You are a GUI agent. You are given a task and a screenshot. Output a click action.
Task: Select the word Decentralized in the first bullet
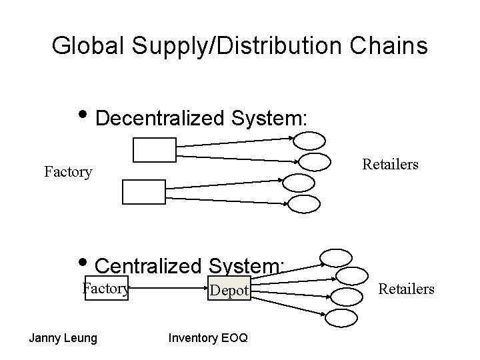coord(162,118)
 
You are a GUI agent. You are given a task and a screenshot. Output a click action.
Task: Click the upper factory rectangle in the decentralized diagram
coord(155,150)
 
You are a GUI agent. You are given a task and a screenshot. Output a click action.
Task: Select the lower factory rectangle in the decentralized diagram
coord(143,192)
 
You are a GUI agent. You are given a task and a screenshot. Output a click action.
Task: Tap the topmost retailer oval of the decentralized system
coord(309,140)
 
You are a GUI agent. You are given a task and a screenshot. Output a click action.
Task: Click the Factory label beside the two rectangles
coord(68,172)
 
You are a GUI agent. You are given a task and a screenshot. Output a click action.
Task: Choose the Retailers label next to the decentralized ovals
coord(390,164)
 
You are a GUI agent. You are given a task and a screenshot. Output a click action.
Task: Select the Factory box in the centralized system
coord(105,289)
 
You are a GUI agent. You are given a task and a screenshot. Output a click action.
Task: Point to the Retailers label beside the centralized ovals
coord(407,289)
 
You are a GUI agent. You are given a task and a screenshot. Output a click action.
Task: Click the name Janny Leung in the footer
coord(63,338)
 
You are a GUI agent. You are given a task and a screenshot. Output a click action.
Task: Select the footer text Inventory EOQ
coord(208,338)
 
